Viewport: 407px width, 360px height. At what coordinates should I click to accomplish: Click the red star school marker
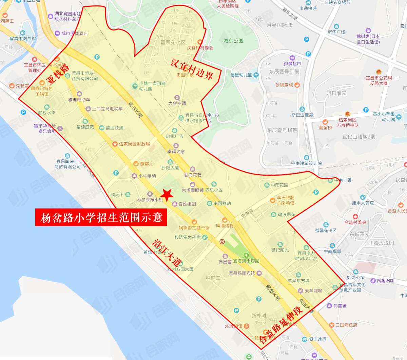pos(167,195)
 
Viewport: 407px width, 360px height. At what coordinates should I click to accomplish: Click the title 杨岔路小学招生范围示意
pos(101,217)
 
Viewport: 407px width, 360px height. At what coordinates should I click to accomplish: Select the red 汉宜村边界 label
pos(192,69)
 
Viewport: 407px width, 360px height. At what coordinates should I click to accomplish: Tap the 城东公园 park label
pos(233,41)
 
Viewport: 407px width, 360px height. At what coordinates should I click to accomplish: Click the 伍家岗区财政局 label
pos(134,144)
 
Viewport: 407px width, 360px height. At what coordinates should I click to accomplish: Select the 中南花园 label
pos(279,185)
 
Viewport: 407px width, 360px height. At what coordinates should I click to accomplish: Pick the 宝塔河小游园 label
pos(246,261)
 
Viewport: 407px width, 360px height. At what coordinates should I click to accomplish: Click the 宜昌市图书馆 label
pos(22,39)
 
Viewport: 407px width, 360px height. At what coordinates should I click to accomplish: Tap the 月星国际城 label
pos(279,25)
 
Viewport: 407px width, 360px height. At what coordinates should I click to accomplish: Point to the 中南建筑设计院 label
pos(306,163)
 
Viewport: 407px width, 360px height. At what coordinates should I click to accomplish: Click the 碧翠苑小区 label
pos(173,42)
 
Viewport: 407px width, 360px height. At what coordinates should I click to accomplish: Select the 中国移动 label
pos(222,203)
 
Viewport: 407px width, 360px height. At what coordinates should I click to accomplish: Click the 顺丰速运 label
pos(317,339)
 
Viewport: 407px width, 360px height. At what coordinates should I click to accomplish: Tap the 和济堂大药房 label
pos(187,237)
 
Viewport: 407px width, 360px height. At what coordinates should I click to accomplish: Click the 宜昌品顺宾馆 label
pos(241,273)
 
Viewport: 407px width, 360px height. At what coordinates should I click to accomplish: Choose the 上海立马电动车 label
pos(107,109)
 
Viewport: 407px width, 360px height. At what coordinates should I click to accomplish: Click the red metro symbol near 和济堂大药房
pos(222,241)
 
